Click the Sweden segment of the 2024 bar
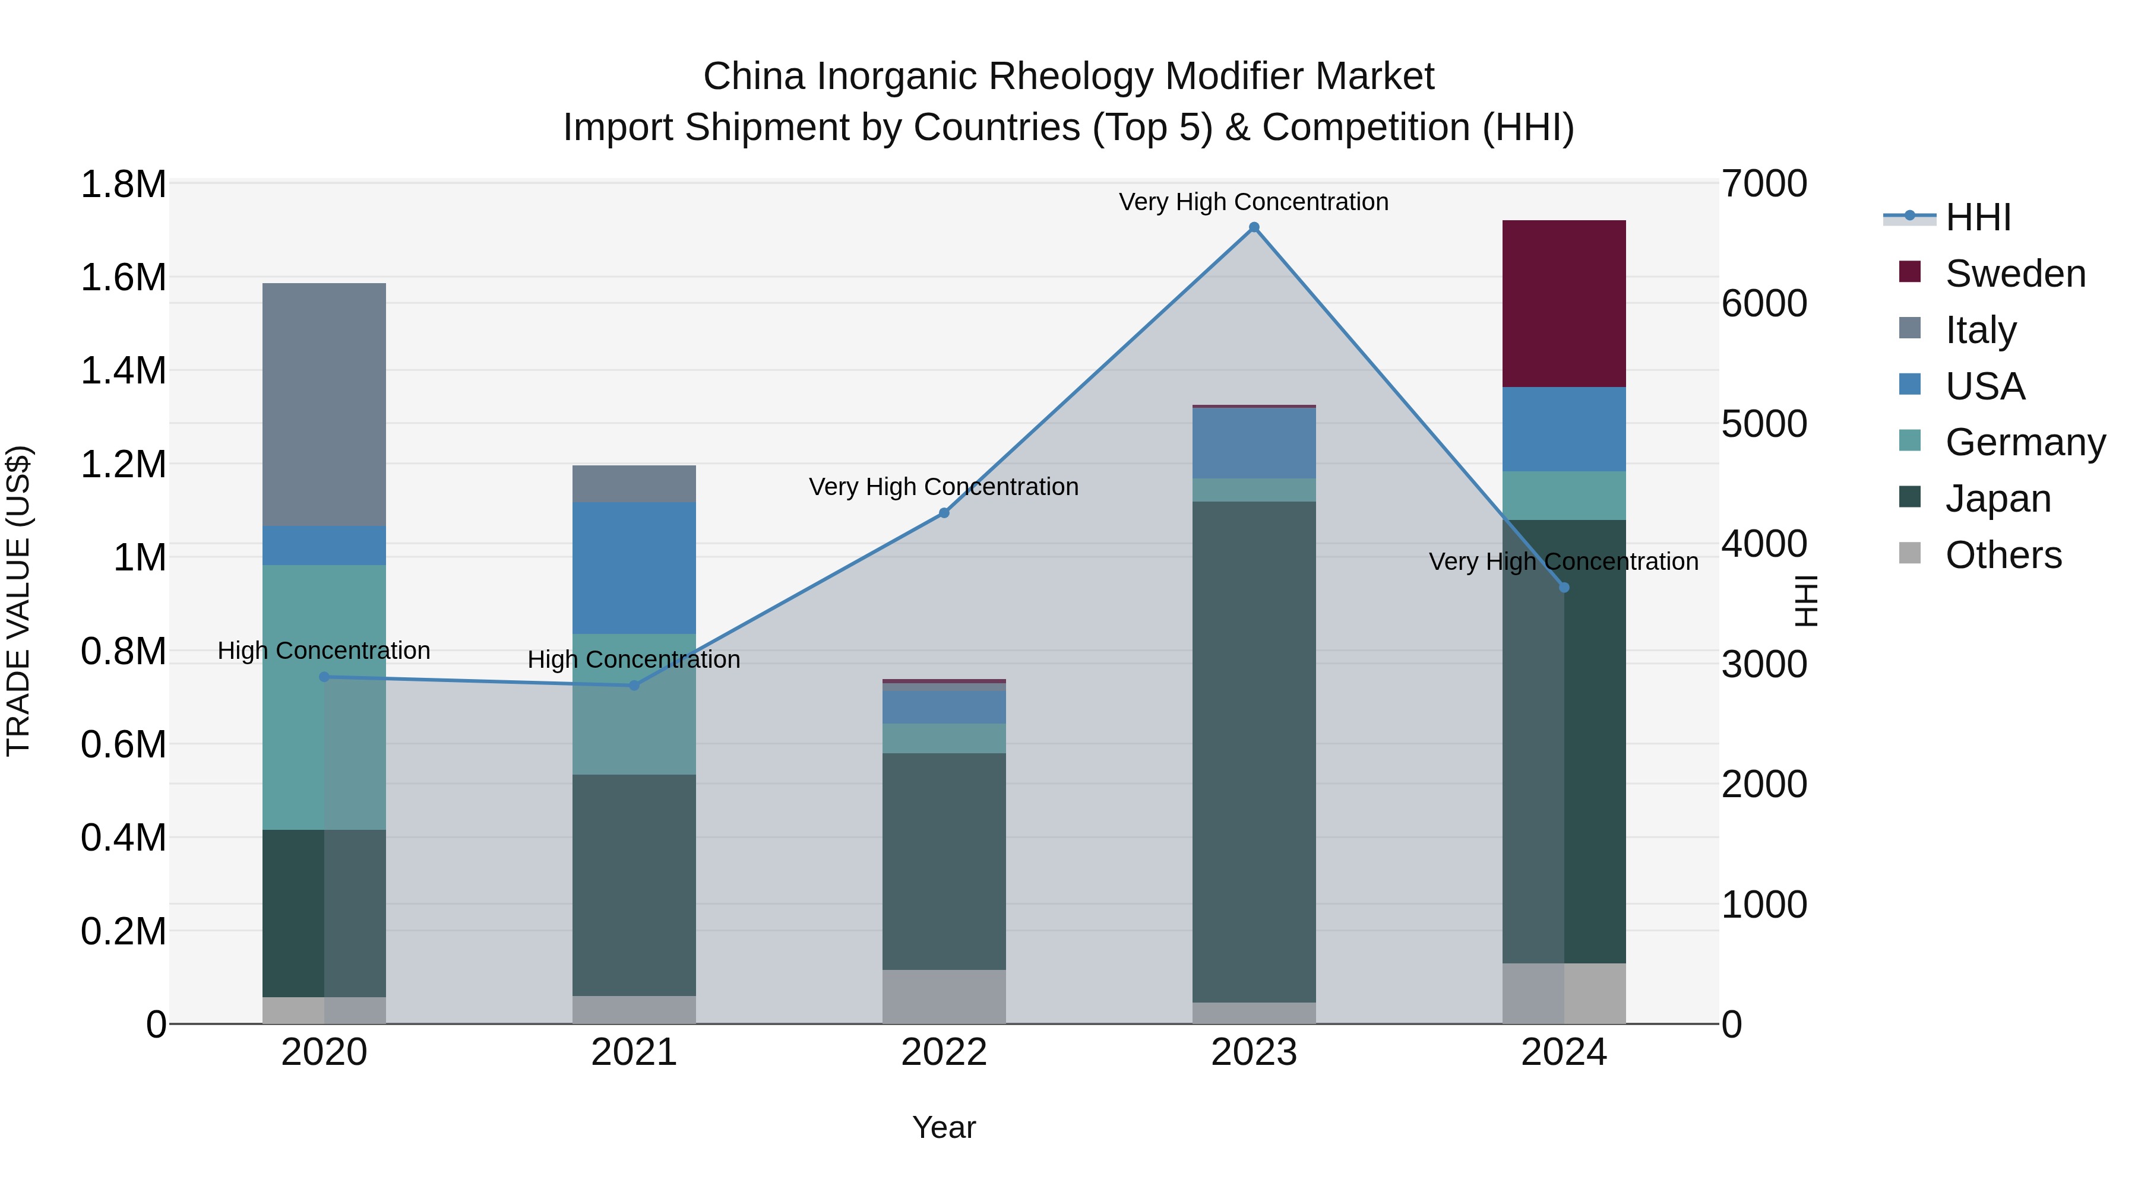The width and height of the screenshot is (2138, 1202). point(1564,303)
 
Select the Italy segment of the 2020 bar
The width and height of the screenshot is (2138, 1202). point(324,404)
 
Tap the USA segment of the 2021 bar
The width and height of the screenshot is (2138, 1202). point(634,567)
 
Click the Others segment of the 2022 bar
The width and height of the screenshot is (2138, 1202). point(944,996)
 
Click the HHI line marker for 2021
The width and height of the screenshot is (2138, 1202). point(634,685)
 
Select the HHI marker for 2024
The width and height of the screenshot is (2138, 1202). point(1564,587)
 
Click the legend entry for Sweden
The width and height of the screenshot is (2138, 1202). point(2015,274)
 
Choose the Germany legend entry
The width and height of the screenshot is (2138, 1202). point(2025,442)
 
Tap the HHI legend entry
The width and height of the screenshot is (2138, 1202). point(1978,217)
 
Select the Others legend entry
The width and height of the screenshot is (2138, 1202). point(2003,555)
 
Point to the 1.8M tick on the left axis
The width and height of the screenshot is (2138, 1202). point(124,184)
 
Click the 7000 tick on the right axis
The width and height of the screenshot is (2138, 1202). point(1764,183)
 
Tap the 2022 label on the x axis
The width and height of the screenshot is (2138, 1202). point(944,1052)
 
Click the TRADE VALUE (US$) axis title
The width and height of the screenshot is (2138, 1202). point(18,601)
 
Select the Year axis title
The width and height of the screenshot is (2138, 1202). point(944,1127)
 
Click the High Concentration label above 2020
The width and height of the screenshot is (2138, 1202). point(324,651)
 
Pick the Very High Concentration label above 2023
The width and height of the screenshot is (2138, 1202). point(1253,202)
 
